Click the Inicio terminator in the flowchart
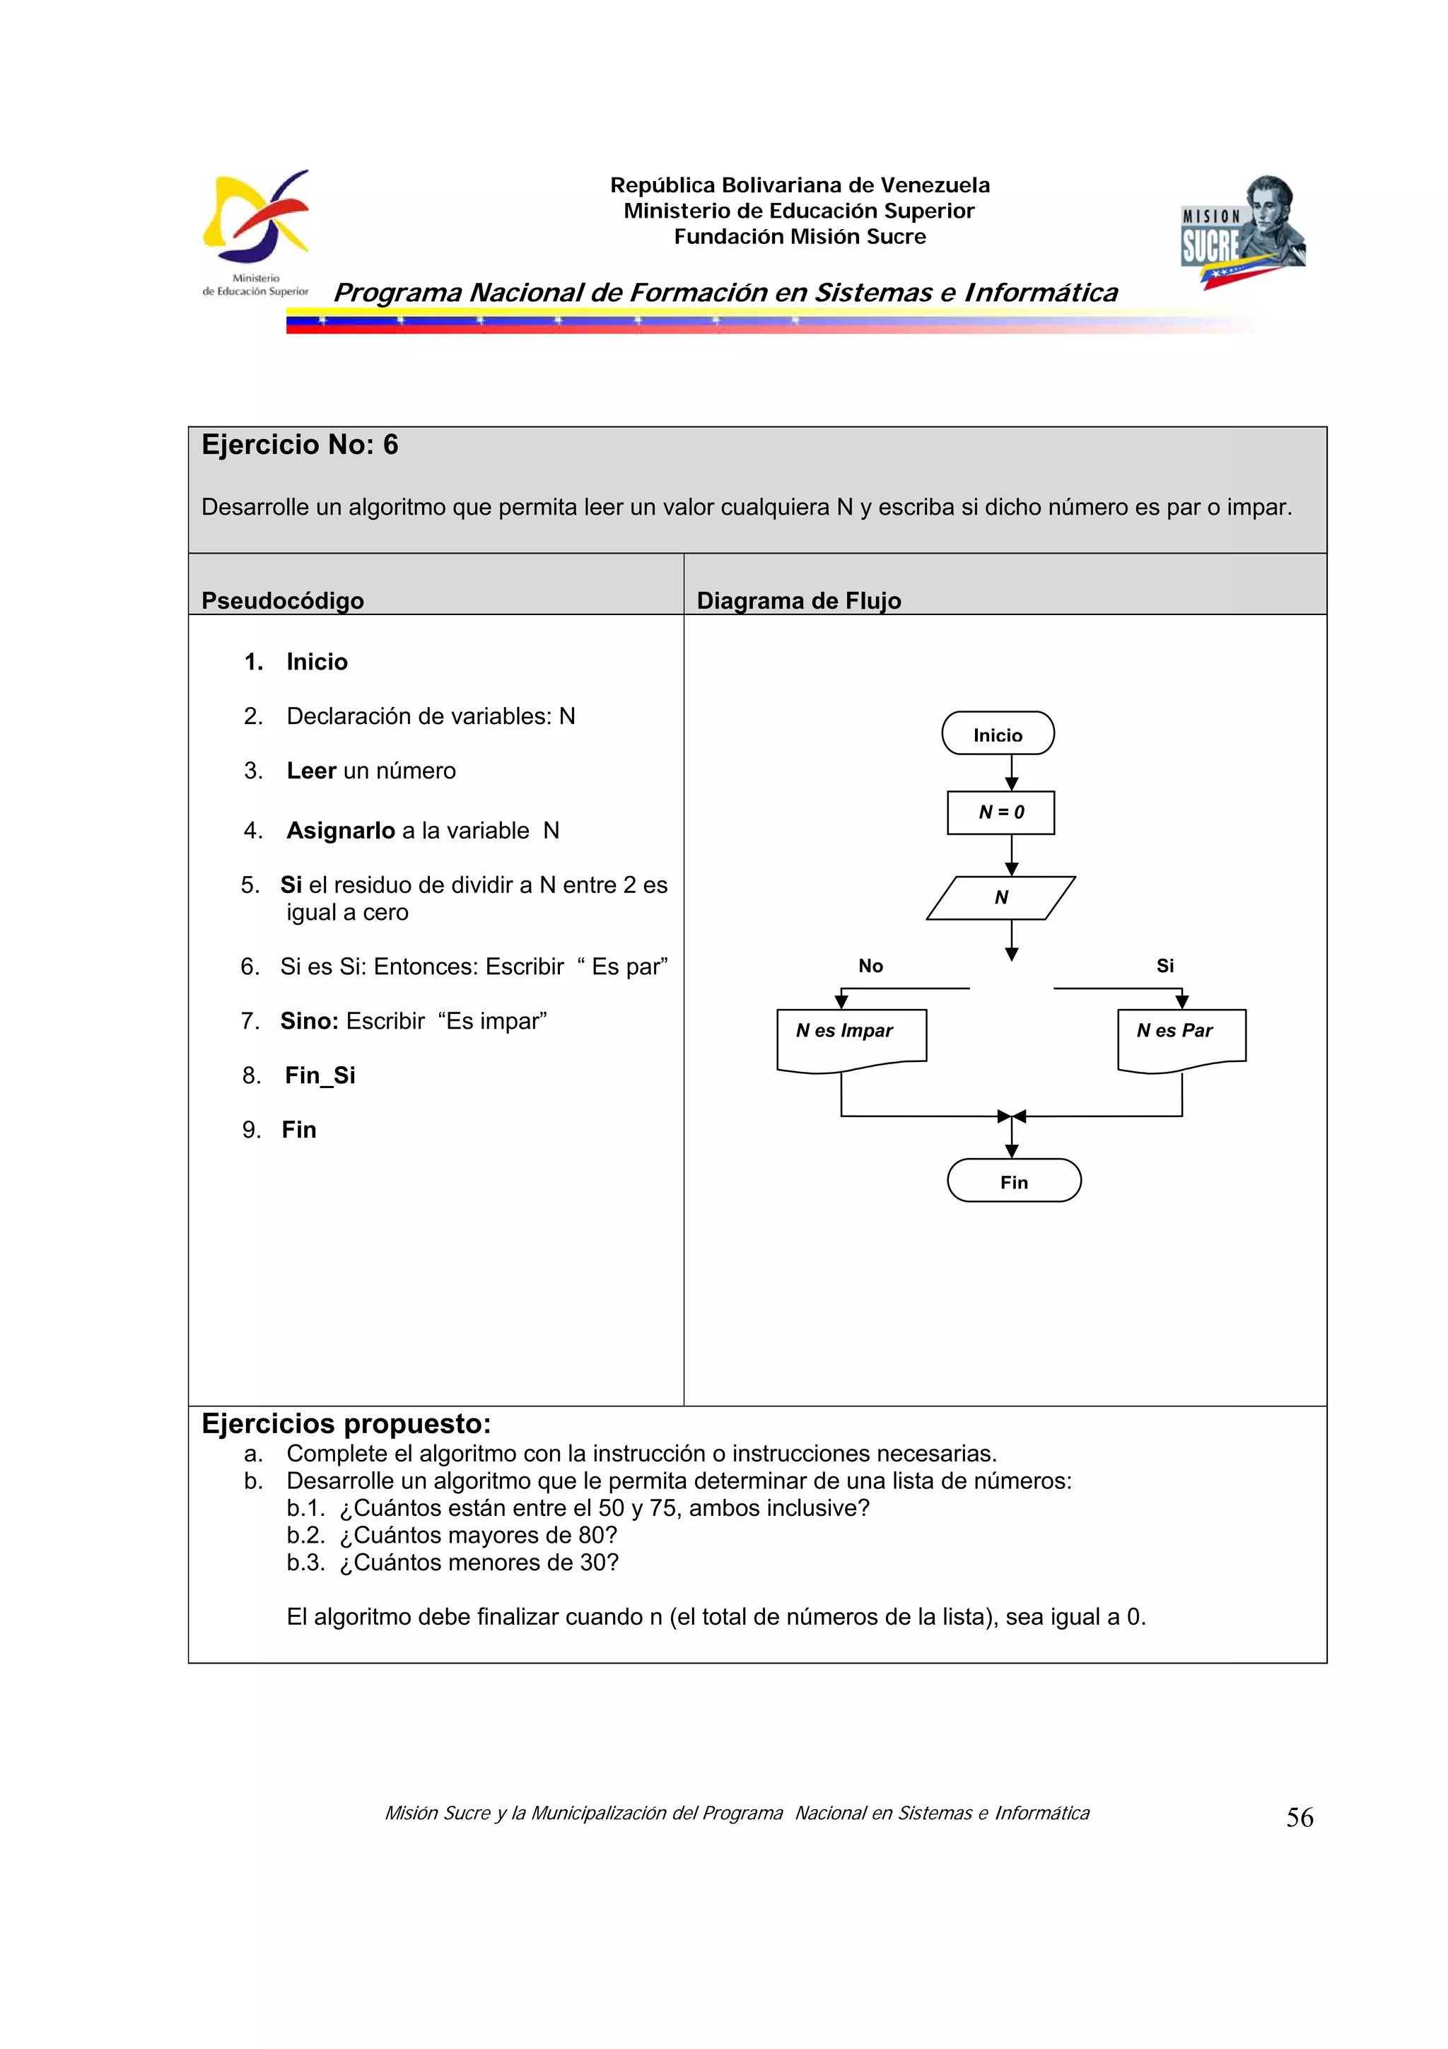(x=998, y=734)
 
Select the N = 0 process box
(x=1000, y=812)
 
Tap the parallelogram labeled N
(x=1000, y=897)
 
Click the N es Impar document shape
(x=851, y=1037)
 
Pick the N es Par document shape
(x=1180, y=1037)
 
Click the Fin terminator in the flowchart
(x=1013, y=1181)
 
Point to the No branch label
(x=870, y=966)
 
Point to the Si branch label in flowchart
(x=1164, y=966)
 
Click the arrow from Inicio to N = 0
(x=1011, y=772)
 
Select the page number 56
(x=1299, y=1818)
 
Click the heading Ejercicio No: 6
(x=300, y=445)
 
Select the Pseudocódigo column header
(x=282, y=600)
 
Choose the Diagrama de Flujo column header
(x=798, y=600)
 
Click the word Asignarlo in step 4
(x=340, y=830)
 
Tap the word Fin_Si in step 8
(x=320, y=1075)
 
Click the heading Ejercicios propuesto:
(x=346, y=1423)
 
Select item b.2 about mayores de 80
(x=452, y=1535)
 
